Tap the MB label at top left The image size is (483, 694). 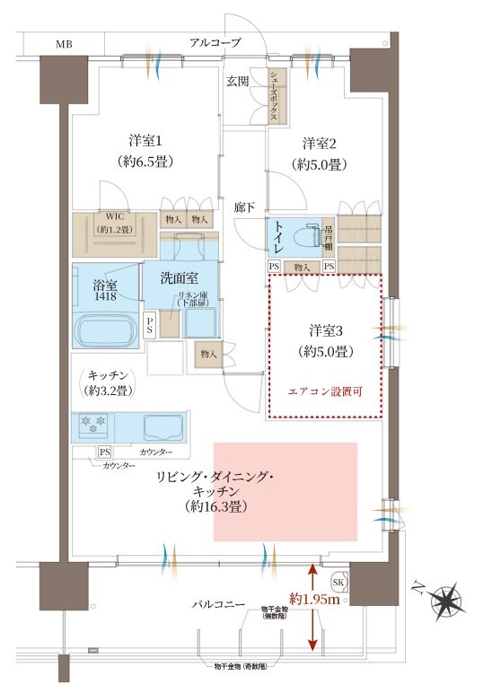tap(65, 43)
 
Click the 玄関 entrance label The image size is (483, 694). tap(237, 82)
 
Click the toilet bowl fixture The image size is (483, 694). tap(306, 236)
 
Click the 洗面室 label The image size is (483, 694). tap(179, 278)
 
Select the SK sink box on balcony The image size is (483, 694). tap(338, 579)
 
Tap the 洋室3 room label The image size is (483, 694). tap(324, 329)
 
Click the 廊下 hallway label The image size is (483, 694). tap(244, 207)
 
